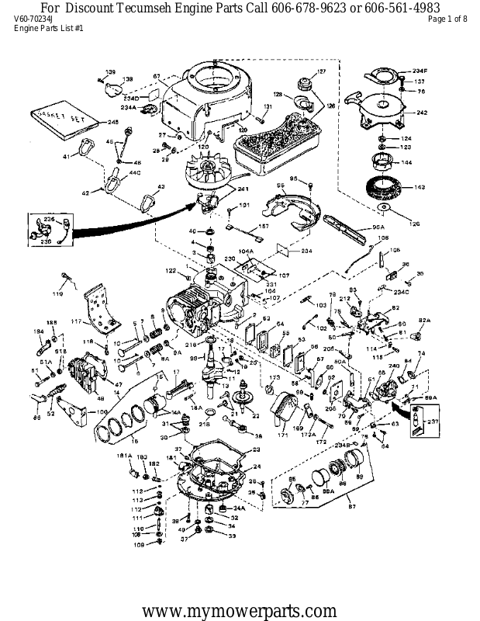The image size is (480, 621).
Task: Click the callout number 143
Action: pyautogui.click(x=420, y=187)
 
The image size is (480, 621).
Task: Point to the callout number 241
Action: pyautogui.click(x=243, y=189)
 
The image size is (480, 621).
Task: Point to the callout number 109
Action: pyautogui.click(x=138, y=544)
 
